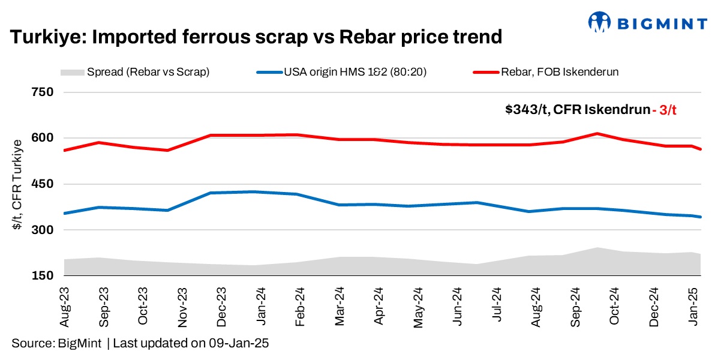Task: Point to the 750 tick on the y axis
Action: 43,92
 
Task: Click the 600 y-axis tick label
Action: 43,138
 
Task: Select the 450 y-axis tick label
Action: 43,184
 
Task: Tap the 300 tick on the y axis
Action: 43,230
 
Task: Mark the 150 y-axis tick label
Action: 43,276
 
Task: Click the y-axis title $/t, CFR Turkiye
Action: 18,184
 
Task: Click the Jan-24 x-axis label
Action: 262,305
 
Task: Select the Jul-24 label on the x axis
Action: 496,305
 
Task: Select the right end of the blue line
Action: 701,217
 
